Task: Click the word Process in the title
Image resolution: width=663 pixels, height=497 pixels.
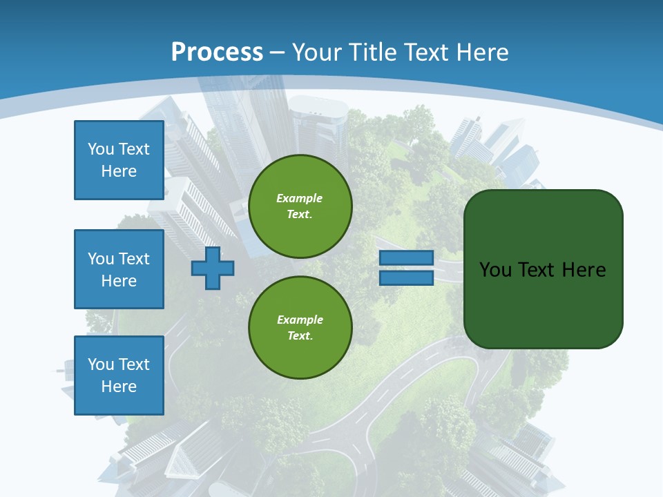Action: pos(217,52)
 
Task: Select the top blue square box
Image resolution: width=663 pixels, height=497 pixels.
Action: pos(119,160)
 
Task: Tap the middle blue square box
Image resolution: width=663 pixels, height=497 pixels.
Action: pos(119,269)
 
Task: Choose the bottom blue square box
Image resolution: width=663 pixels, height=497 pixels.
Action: pos(119,376)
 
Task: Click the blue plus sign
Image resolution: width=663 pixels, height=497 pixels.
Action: pos(213,269)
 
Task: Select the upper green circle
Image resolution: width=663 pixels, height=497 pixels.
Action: pos(300,206)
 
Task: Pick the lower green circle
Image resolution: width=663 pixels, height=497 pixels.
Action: pos(300,328)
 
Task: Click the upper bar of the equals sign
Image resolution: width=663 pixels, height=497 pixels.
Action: pos(406,258)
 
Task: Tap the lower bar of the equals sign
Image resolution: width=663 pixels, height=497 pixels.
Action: pos(406,278)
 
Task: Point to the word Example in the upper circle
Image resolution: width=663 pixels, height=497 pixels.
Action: pos(300,198)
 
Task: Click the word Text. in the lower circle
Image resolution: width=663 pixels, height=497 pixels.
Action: pos(300,336)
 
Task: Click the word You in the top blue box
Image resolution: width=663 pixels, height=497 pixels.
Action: pos(100,149)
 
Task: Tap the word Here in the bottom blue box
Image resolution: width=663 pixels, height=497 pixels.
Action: pos(119,387)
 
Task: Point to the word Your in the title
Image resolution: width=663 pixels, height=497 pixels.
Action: pos(317,52)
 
